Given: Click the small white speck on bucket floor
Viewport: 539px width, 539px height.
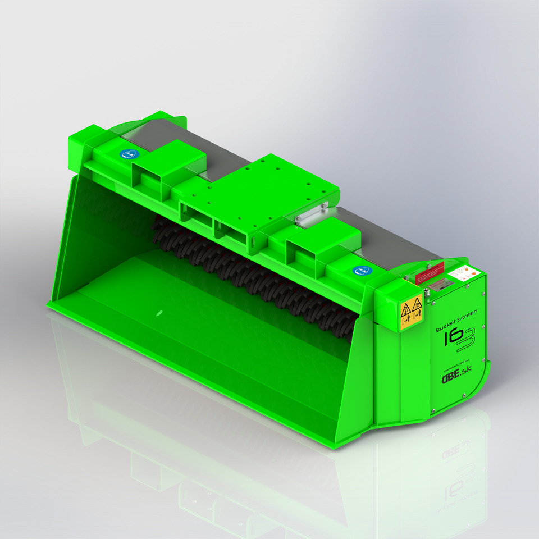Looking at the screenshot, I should coord(159,310).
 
